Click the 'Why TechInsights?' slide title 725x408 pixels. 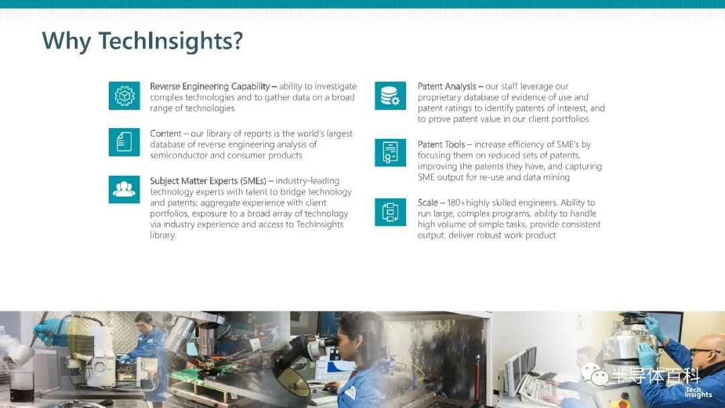[x=142, y=41]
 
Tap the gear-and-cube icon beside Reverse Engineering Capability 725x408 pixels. [x=124, y=96]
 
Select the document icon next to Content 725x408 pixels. [x=124, y=142]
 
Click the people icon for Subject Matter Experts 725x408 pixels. [x=124, y=189]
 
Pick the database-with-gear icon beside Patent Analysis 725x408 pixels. [x=390, y=96]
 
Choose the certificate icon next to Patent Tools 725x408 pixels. [x=390, y=152]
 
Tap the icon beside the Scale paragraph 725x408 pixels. [x=390, y=212]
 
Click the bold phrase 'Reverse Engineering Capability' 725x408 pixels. [x=210, y=87]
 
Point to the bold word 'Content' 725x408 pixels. [x=166, y=134]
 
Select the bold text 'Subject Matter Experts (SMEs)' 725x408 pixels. [x=208, y=181]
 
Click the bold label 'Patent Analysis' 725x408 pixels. [x=446, y=87]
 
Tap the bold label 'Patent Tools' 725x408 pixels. [x=441, y=145]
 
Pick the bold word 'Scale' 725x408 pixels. [x=428, y=203]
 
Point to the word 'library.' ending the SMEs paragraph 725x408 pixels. [x=162, y=235]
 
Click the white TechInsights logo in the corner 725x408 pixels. [x=698, y=393]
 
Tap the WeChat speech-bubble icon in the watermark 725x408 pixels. [x=595, y=374]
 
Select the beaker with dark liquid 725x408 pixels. [x=21, y=387]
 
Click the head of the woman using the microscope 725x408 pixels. [x=356, y=335]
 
